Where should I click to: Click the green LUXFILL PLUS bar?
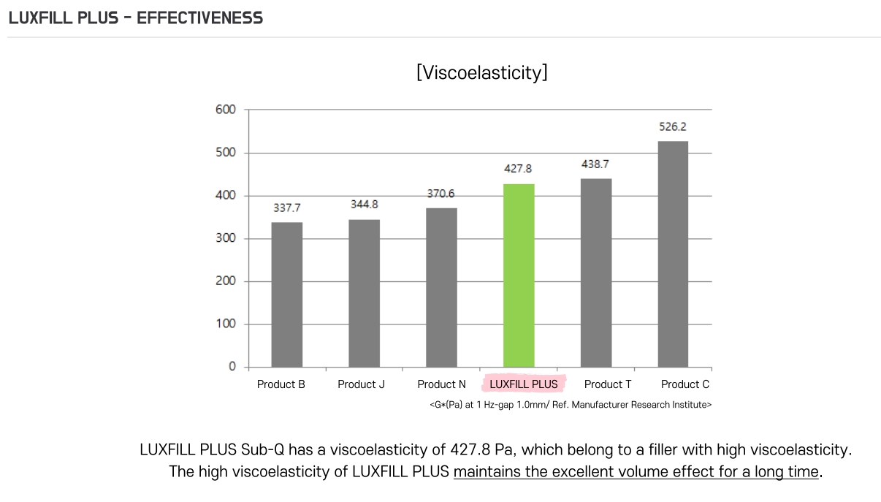click(519, 275)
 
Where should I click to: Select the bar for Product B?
click(286, 294)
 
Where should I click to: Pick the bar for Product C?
click(673, 254)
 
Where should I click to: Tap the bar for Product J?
click(364, 293)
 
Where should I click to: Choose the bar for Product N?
click(441, 287)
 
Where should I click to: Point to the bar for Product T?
click(596, 273)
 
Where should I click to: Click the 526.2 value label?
click(673, 126)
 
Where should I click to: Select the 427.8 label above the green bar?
click(519, 169)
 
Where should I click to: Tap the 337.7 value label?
click(286, 208)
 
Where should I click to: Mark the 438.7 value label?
click(595, 164)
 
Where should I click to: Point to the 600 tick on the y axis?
click(226, 110)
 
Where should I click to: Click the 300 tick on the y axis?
click(226, 238)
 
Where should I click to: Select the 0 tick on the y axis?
click(232, 367)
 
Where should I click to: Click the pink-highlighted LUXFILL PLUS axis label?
click(523, 384)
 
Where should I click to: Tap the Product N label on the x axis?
click(441, 384)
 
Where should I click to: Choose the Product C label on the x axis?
click(685, 384)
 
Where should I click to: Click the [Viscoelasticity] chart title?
click(481, 73)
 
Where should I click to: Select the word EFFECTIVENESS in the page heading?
click(199, 18)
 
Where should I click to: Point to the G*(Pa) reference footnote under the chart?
click(571, 404)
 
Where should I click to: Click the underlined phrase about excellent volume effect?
click(636, 472)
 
